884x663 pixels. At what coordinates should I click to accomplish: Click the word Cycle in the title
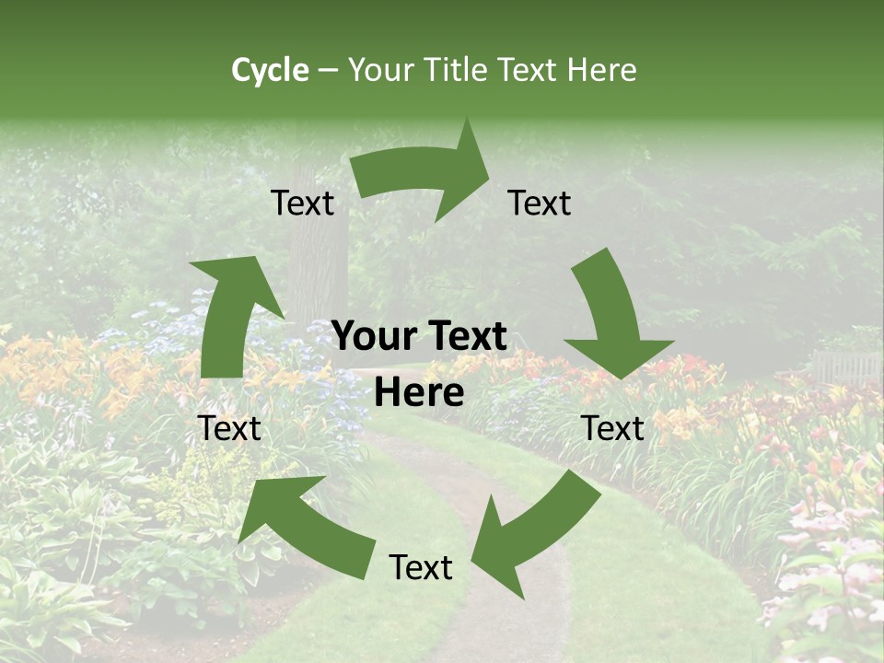click(270, 70)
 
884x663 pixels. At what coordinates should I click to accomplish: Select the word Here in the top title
click(602, 70)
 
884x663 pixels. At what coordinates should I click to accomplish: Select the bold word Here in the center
click(419, 393)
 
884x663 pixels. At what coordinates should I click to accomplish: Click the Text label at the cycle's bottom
click(421, 568)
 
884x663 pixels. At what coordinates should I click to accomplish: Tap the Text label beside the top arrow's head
click(540, 203)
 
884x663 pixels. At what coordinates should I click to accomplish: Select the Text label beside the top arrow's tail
click(302, 203)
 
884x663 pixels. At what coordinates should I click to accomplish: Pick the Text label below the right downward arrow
click(612, 428)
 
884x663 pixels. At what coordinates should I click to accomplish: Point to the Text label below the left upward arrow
click(230, 428)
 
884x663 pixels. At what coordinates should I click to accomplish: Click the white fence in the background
click(845, 366)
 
